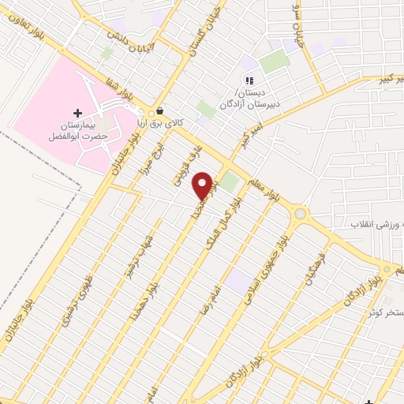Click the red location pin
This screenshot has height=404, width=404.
coord(203,185)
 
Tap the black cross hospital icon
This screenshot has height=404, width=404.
coord(77,114)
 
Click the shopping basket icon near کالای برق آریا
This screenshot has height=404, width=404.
coord(161,111)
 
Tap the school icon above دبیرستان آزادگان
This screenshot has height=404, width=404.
coord(249,80)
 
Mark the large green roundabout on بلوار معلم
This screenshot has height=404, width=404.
coord(300,213)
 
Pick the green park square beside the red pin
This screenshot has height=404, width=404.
coord(229,182)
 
